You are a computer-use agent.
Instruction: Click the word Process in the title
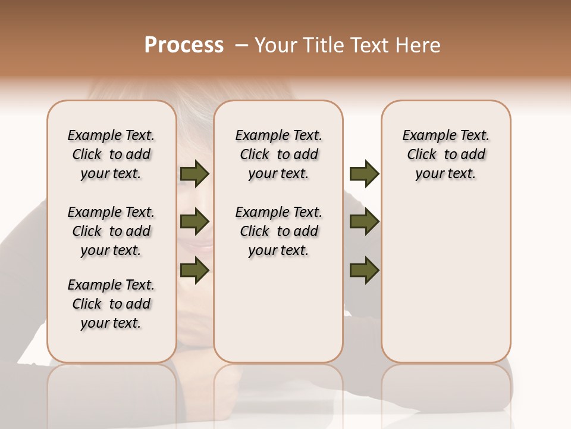[184, 45]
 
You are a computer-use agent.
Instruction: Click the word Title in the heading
[324, 45]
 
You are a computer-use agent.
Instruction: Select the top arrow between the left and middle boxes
[194, 174]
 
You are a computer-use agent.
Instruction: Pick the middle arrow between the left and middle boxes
[194, 222]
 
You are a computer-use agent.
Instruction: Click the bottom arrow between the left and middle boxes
[194, 270]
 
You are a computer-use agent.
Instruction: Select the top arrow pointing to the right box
[364, 174]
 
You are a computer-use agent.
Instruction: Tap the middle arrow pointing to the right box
[364, 222]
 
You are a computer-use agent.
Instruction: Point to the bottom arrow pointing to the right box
[364, 270]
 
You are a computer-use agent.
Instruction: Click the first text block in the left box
[111, 154]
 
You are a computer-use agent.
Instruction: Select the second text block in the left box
[111, 231]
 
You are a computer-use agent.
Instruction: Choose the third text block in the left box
[111, 304]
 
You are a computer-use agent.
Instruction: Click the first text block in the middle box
[278, 154]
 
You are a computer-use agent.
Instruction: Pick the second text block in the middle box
[278, 231]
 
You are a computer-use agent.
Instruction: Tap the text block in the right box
[445, 154]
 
